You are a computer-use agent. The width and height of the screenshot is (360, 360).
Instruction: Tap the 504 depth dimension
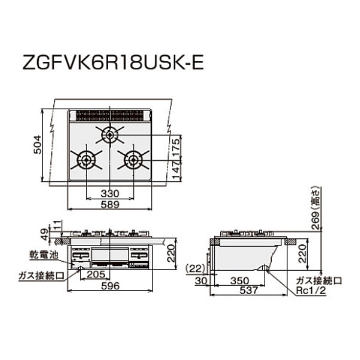pyautogui.click(x=37, y=146)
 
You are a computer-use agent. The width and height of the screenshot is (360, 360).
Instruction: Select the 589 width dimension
pyautogui.click(x=109, y=205)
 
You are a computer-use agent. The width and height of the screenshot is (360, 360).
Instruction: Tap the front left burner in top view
pyautogui.click(x=85, y=160)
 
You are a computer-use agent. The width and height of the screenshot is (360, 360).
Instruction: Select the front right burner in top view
pyautogui.click(x=133, y=160)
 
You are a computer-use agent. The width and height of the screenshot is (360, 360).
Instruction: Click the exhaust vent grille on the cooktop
pyautogui.click(x=109, y=115)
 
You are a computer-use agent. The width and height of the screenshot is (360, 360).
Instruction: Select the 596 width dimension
pyautogui.click(x=109, y=286)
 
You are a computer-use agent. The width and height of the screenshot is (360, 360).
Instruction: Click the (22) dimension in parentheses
pyautogui.click(x=195, y=268)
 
